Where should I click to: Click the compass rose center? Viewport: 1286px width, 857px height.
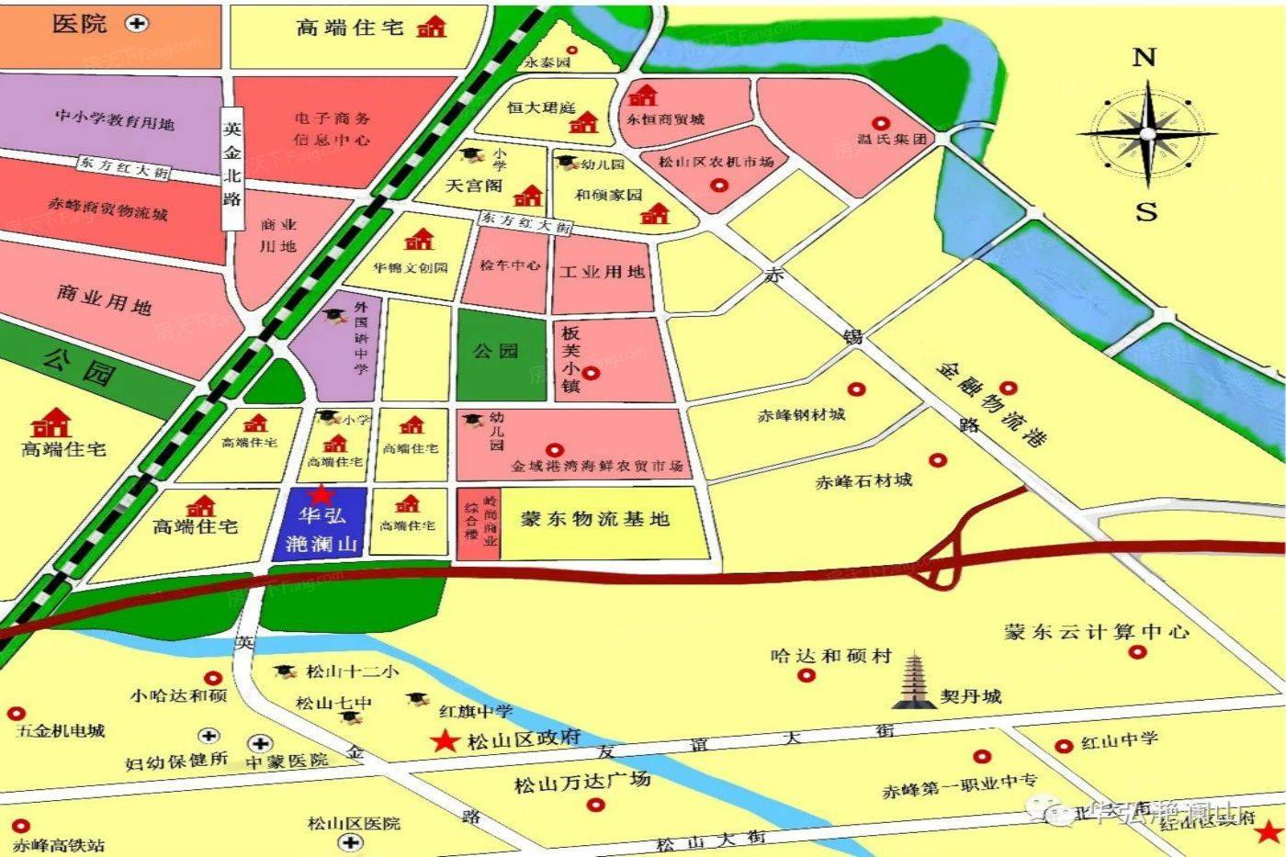1146,134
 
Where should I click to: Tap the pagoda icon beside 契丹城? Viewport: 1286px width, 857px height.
914,681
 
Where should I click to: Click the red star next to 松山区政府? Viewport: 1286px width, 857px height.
446,740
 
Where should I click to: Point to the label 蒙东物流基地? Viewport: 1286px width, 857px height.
594,519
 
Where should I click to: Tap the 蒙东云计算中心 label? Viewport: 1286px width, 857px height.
1096,632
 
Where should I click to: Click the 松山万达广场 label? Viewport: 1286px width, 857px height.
581,783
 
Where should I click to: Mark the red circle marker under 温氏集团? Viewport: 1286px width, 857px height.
880,123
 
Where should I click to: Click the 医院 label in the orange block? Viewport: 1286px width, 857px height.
80,24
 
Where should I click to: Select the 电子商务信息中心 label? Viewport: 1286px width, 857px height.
332,129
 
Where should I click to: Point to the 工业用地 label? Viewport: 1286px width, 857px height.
602,272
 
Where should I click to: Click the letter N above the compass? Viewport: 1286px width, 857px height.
1144,58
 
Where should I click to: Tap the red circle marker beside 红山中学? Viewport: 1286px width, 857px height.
1064,746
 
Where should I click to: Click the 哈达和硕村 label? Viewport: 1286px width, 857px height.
830,656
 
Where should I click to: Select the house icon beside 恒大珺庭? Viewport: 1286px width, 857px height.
583,122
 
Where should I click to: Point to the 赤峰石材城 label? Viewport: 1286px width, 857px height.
863,480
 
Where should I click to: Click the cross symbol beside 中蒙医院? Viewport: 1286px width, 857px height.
261,742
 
